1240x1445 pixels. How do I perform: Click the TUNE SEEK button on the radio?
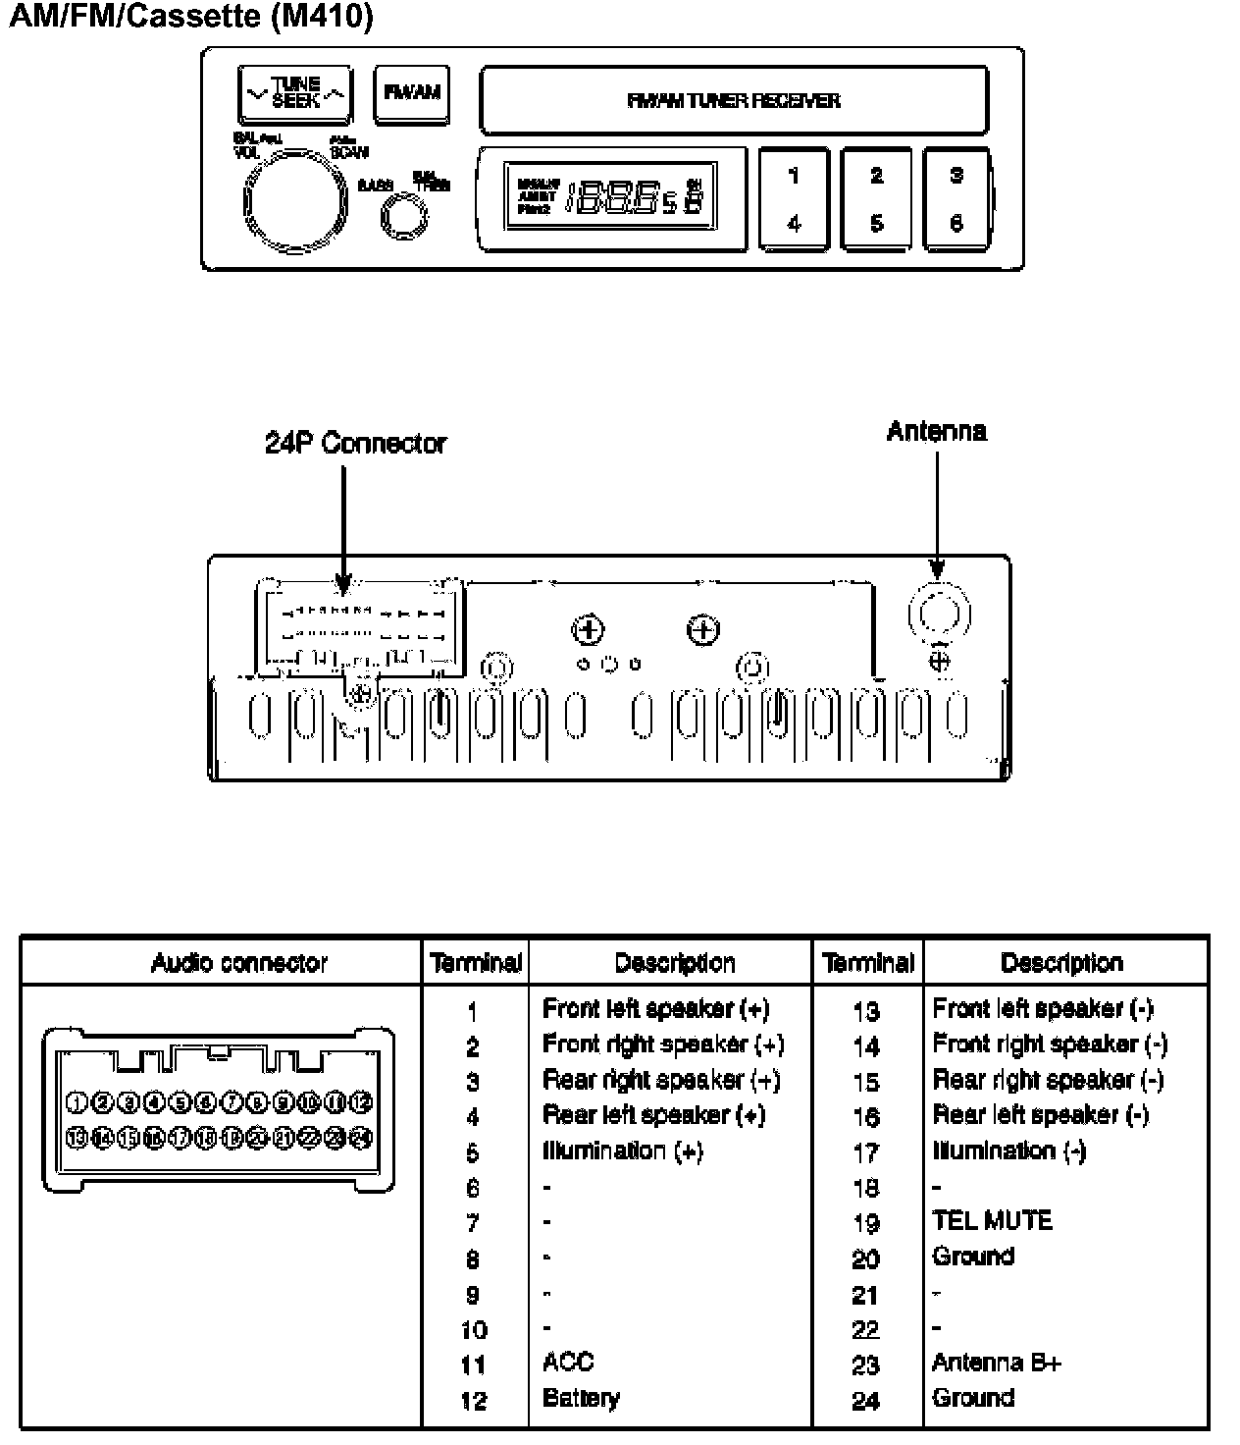click(x=294, y=94)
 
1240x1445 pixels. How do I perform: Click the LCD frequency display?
click(x=610, y=196)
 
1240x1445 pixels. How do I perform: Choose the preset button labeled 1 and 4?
click(x=794, y=199)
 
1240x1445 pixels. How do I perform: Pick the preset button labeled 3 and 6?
click(x=956, y=199)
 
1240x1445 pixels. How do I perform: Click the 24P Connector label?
click(x=355, y=444)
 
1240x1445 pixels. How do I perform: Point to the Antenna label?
click(x=936, y=432)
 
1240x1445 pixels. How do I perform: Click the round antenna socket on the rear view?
click(x=939, y=613)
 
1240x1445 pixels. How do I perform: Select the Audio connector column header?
click(x=238, y=963)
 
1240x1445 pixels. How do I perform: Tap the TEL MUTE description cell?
click(x=992, y=1221)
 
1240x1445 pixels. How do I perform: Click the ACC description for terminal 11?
click(x=568, y=1363)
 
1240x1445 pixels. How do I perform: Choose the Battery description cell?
click(x=581, y=1398)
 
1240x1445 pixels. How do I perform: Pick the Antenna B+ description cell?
click(x=997, y=1363)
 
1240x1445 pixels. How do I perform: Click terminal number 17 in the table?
click(x=866, y=1152)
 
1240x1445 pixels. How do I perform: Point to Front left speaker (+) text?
click(x=655, y=1009)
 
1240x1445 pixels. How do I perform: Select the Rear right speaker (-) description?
click(x=1048, y=1080)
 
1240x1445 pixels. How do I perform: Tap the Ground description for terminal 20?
click(x=973, y=1257)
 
